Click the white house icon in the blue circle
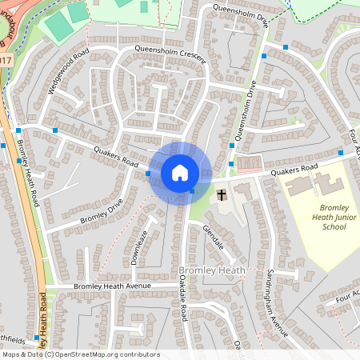[x=180, y=172]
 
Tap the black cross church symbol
[x=222, y=194]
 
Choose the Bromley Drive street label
[x=101, y=210]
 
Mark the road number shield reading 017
[x=6, y=61]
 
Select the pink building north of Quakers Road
[x=249, y=162]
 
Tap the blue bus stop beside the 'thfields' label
[x=36, y=338]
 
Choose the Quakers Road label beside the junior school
[x=294, y=169]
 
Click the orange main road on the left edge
[x=29, y=200]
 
